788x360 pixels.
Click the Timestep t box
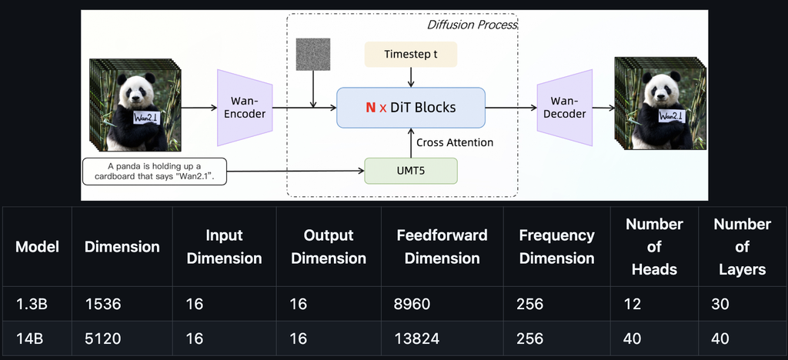pyautogui.click(x=411, y=54)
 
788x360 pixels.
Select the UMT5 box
pyautogui.click(x=411, y=171)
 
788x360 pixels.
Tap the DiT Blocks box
pyautogui.click(x=411, y=108)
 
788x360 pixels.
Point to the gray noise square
pyautogui.click(x=313, y=54)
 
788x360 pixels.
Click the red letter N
pyautogui.click(x=370, y=108)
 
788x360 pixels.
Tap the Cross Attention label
pyautogui.click(x=455, y=142)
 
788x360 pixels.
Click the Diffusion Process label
pyautogui.click(x=472, y=25)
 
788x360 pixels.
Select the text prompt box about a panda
pyautogui.click(x=154, y=172)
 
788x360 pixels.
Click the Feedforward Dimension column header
pyautogui.click(x=442, y=246)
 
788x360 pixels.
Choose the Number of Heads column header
pyautogui.click(x=654, y=246)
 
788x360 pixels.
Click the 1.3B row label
pyautogui.click(x=31, y=304)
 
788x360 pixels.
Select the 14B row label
pyautogui.click(x=29, y=338)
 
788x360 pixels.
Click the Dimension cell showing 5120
pyautogui.click(x=102, y=338)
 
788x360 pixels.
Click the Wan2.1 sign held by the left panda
pyautogui.click(x=147, y=118)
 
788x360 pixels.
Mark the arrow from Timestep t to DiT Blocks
pyautogui.click(x=411, y=78)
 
